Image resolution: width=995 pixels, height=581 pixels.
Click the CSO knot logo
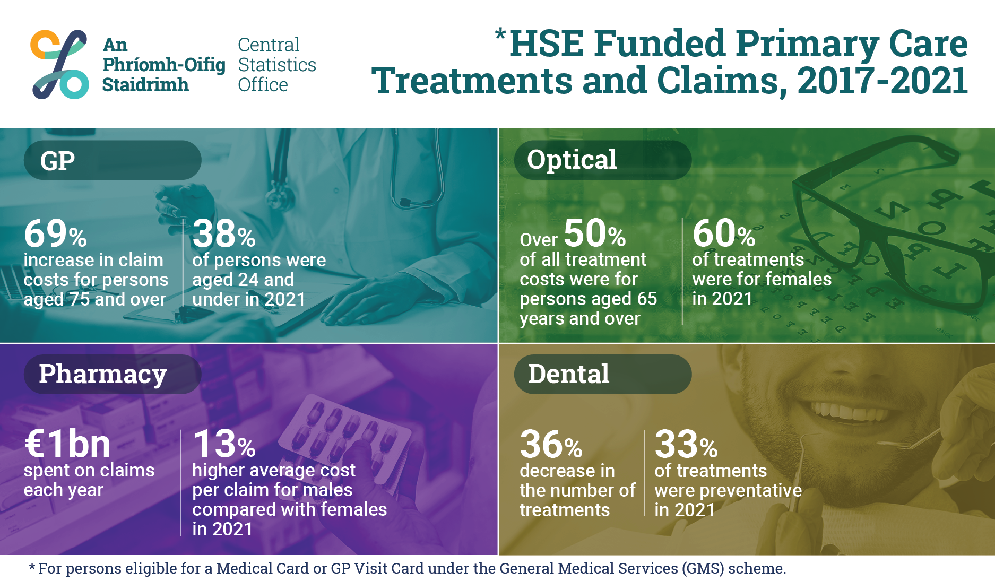(60, 65)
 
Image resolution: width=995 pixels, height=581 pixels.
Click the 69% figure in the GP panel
(55, 233)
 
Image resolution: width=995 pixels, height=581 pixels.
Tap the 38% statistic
(224, 233)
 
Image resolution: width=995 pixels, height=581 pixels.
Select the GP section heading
(57, 161)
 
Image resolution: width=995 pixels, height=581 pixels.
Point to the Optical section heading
(572, 160)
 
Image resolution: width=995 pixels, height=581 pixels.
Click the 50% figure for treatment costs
(595, 233)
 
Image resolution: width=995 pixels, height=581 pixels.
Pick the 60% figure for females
(724, 233)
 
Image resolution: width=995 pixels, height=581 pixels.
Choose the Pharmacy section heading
(103, 375)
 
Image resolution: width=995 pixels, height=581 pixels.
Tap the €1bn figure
(67, 444)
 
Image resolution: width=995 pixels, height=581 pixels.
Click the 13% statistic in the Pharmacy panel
(224, 444)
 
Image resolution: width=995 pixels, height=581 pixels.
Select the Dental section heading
(569, 374)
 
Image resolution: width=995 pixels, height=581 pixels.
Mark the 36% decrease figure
(551, 444)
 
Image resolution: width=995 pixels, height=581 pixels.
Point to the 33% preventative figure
(686, 444)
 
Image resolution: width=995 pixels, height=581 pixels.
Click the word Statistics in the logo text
(277, 65)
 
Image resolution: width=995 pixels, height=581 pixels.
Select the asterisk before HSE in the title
(500, 35)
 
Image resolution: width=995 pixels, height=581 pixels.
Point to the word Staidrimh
(145, 85)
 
